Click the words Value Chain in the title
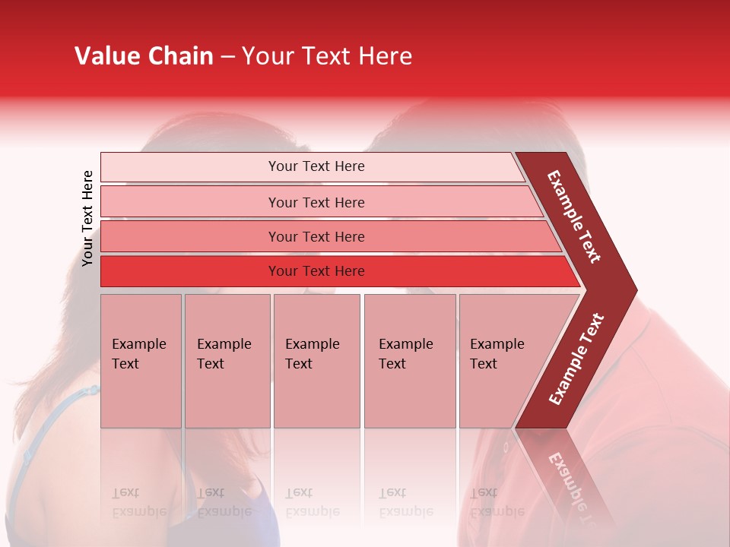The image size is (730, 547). (x=144, y=56)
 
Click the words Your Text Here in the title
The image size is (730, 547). (x=327, y=56)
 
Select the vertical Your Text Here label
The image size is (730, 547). (x=88, y=218)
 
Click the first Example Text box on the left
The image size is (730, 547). (x=141, y=361)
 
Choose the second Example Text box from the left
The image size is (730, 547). (x=227, y=361)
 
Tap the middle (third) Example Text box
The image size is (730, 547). (x=316, y=361)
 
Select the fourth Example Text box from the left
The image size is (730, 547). (x=410, y=361)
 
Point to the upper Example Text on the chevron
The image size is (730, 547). (x=574, y=217)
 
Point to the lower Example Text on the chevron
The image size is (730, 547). (x=576, y=359)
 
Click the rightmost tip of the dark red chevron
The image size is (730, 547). (x=635, y=290)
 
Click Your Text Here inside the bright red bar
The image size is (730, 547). (x=316, y=271)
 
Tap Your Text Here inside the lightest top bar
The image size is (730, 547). (x=316, y=166)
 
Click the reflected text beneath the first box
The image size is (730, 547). (x=138, y=502)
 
